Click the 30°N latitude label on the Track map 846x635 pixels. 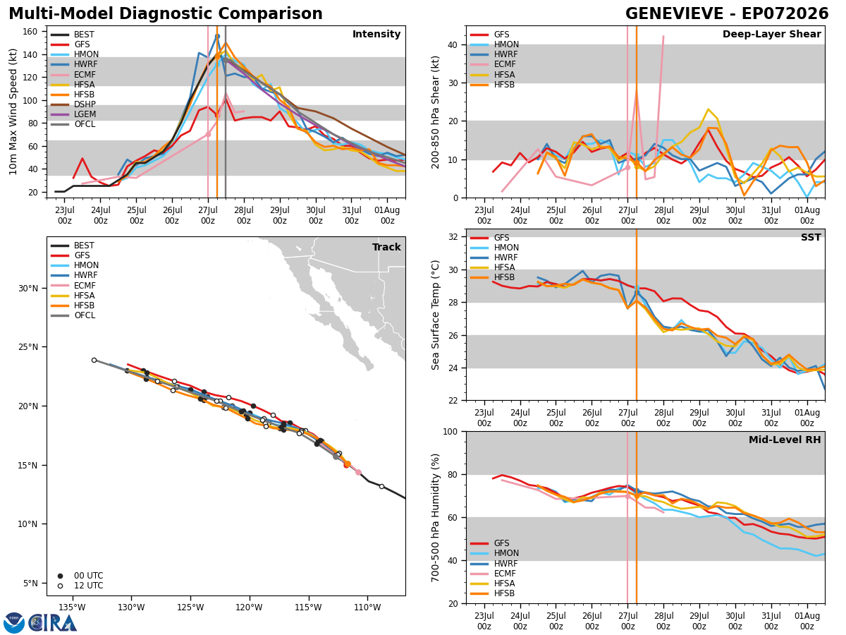point(27,289)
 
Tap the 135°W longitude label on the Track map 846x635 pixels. point(72,607)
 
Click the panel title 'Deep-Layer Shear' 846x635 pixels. point(771,35)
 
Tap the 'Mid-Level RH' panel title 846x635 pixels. point(785,440)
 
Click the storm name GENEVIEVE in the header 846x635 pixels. point(674,14)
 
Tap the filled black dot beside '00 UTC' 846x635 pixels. point(60,576)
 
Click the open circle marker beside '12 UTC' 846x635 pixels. point(60,586)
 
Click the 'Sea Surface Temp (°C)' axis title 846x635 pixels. point(435,315)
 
